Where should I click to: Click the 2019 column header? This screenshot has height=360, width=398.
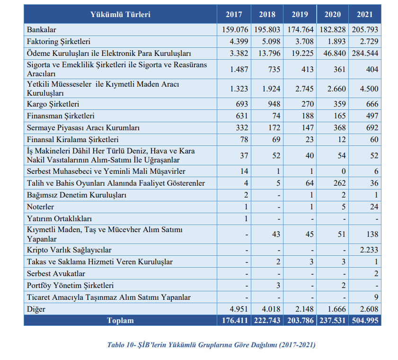300,15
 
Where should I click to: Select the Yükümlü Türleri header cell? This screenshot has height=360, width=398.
120,15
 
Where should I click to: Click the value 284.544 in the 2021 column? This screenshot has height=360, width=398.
365,54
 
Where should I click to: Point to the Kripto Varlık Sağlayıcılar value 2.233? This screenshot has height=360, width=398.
369,250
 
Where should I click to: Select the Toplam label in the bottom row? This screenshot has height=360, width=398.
120,321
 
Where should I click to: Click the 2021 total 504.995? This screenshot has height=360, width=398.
365,321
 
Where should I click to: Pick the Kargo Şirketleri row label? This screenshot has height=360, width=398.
53,104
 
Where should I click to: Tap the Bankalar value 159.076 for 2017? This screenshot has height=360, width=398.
234,30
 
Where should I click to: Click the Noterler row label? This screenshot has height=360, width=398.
41,207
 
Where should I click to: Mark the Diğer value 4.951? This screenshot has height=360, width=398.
238,309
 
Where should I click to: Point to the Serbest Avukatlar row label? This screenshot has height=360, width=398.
56,274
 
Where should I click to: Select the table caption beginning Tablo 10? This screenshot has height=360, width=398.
211,345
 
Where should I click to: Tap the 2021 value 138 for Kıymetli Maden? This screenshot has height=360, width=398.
372,234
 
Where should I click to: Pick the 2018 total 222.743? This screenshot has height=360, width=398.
267,321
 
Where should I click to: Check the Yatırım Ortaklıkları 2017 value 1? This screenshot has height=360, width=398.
246,219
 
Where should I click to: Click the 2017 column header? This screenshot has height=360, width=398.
234,15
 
